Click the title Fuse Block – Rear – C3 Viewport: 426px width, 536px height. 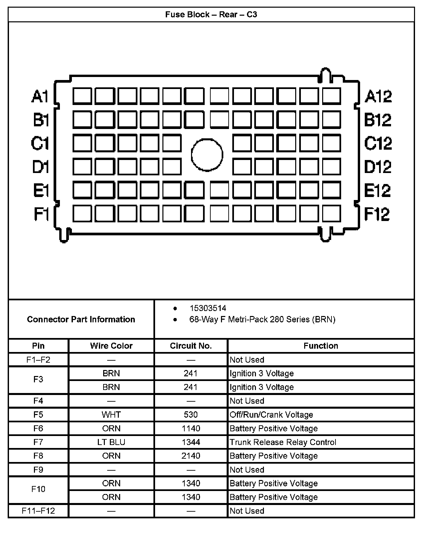point(211,15)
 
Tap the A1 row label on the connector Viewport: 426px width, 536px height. point(40,96)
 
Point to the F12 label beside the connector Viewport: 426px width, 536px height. point(377,214)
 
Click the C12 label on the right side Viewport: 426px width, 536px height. point(378,143)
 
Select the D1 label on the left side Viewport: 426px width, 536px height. point(41,167)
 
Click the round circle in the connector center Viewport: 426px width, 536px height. point(207,155)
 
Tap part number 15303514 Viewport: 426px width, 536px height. point(208,308)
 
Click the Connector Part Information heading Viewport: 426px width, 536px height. point(81,319)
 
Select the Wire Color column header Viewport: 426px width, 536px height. point(111,346)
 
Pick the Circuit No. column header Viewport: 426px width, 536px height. point(191,346)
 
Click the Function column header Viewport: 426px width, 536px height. point(320,346)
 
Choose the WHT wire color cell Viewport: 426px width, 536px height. point(111,415)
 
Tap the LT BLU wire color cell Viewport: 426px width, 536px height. point(111,442)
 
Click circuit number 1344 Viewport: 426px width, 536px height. point(191,442)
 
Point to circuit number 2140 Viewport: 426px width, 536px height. point(191,456)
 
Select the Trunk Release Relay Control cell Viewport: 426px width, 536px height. point(283,442)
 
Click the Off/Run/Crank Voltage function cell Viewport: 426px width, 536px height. point(271,415)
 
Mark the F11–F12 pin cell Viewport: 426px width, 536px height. point(38,511)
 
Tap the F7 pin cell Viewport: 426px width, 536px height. point(38,442)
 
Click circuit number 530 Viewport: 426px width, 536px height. point(191,415)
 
